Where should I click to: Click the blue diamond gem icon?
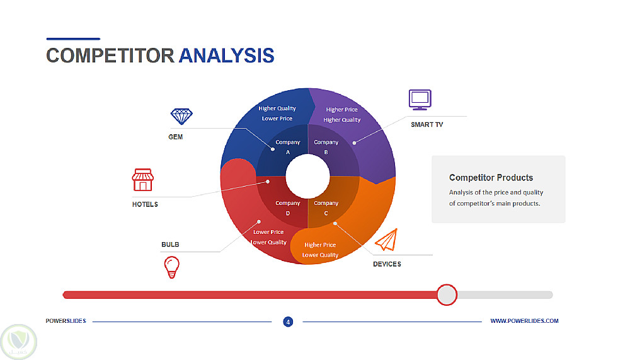[181, 116]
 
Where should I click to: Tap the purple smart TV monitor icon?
[420, 100]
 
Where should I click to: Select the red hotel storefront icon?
[142, 180]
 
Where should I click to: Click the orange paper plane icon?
[387, 240]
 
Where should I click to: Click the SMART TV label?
[427, 125]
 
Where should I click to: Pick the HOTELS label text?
[145, 204]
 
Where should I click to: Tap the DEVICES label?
[387, 264]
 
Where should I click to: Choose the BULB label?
[170, 245]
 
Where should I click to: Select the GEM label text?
[176, 137]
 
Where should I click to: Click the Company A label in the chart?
[288, 148]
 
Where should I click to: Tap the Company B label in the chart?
[326, 148]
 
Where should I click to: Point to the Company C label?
[326, 208]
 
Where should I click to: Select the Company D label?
[288, 208]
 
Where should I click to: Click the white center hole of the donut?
[308, 176]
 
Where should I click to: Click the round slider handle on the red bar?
[447, 295]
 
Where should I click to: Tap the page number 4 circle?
[288, 322]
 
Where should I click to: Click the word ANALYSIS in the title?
[226, 56]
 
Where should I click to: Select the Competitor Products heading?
[491, 178]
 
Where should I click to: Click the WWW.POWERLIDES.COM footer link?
[524, 321]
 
